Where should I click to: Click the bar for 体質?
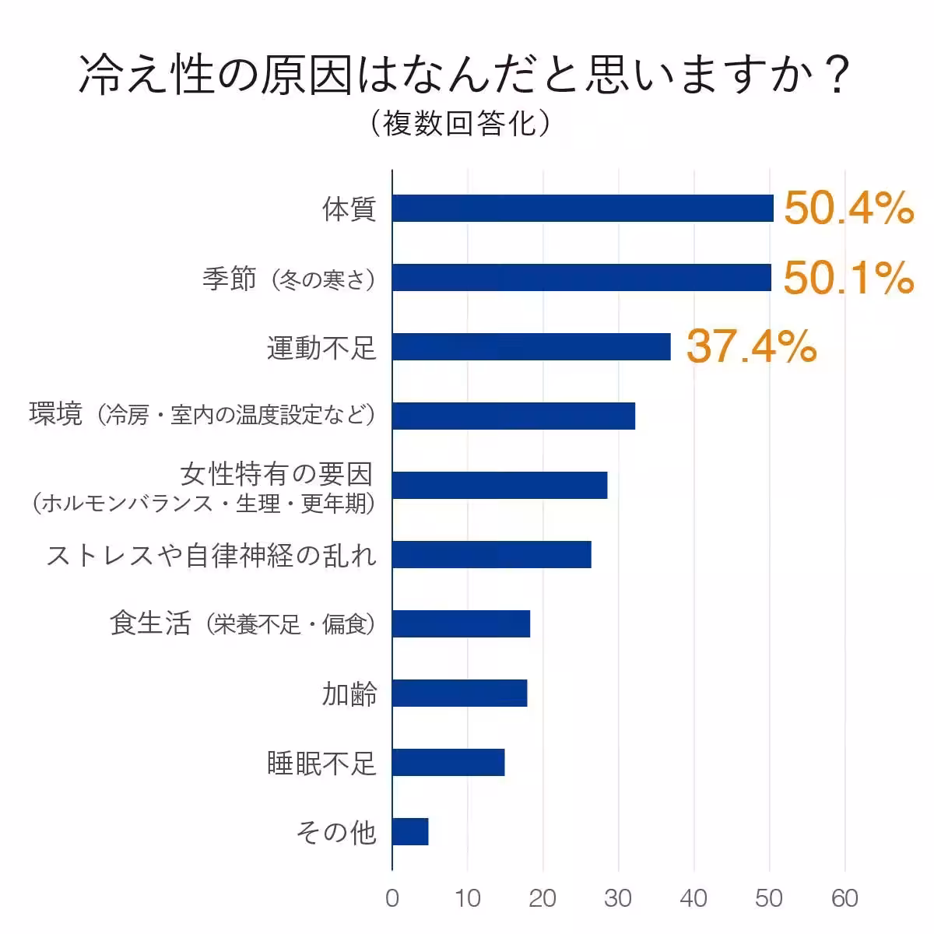(582, 209)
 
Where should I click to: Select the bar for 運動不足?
(532, 347)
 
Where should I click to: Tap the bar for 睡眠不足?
(448, 763)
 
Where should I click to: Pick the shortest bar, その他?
(410, 831)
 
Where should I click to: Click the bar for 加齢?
(459, 693)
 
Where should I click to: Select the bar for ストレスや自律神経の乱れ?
(491, 554)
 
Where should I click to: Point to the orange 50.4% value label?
(848, 209)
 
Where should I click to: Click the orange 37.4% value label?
(751, 347)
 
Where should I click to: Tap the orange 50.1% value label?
(848, 278)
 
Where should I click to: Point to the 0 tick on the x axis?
(392, 898)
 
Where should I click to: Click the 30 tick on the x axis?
(618, 898)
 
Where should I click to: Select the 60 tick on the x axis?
(844, 898)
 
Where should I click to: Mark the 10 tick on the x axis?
(468, 898)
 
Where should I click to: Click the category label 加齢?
(349, 693)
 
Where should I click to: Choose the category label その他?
(336, 832)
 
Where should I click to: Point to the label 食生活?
(150, 623)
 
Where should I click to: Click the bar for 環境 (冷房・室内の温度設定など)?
(514, 416)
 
